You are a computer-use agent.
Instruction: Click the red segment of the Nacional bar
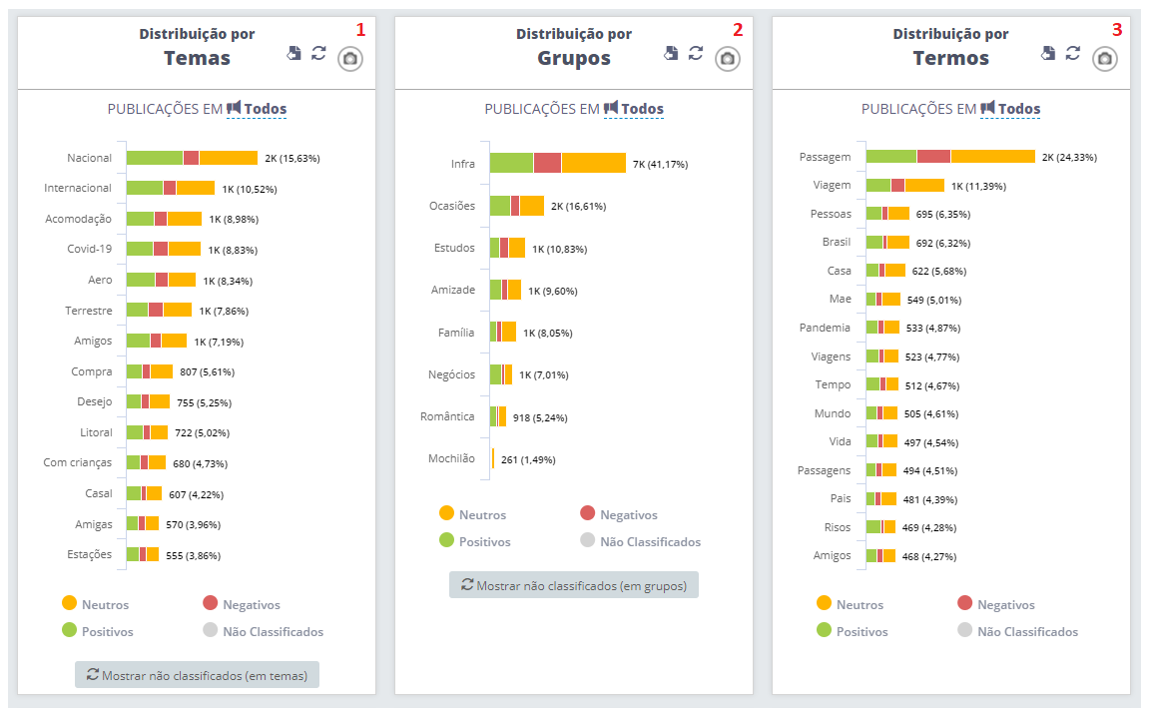(191, 158)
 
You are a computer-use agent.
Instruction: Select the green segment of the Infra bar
(511, 163)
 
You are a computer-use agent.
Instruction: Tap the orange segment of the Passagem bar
(992, 157)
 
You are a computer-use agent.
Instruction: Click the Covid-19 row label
(90, 249)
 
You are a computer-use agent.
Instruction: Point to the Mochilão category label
(451, 459)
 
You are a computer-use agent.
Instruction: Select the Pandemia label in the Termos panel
(825, 328)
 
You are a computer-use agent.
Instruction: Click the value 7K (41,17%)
(660, 164)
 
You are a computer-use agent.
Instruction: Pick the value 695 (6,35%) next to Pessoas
(942, 214)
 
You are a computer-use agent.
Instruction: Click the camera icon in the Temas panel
(350, 59)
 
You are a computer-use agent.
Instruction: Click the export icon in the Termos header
(1048, 53)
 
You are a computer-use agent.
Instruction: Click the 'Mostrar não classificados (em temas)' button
(197, 675)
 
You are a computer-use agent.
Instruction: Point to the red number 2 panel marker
(738, 30)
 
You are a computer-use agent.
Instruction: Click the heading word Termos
(950, 58)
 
